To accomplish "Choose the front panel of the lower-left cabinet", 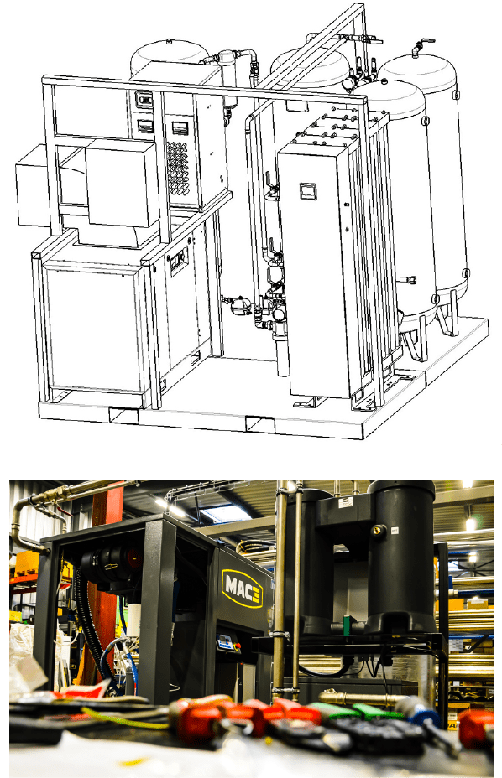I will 92,327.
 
